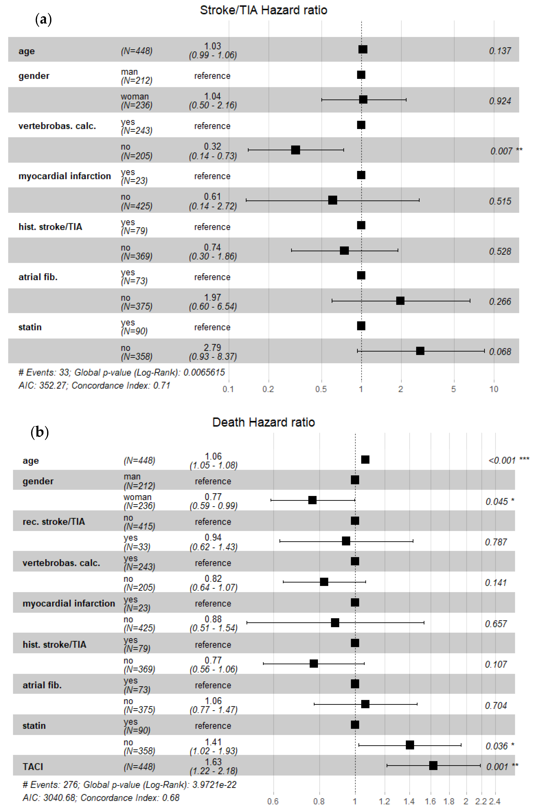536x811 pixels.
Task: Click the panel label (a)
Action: click(x=43, y=20)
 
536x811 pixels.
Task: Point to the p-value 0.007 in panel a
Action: click(x=501, y=151)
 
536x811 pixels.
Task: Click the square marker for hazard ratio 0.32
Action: click(x=295, y=150)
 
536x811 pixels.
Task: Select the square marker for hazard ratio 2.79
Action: click(x=420, y=351)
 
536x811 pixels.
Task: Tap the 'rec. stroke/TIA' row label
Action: click(x=54, y=522)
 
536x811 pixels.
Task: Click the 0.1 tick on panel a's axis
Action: click(x=228, y=389)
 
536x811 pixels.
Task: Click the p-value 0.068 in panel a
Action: click(x=500, y=352)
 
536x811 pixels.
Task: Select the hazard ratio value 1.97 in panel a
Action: click(x=213, y=297)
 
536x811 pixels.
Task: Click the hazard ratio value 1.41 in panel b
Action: click(x=213, y=742)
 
